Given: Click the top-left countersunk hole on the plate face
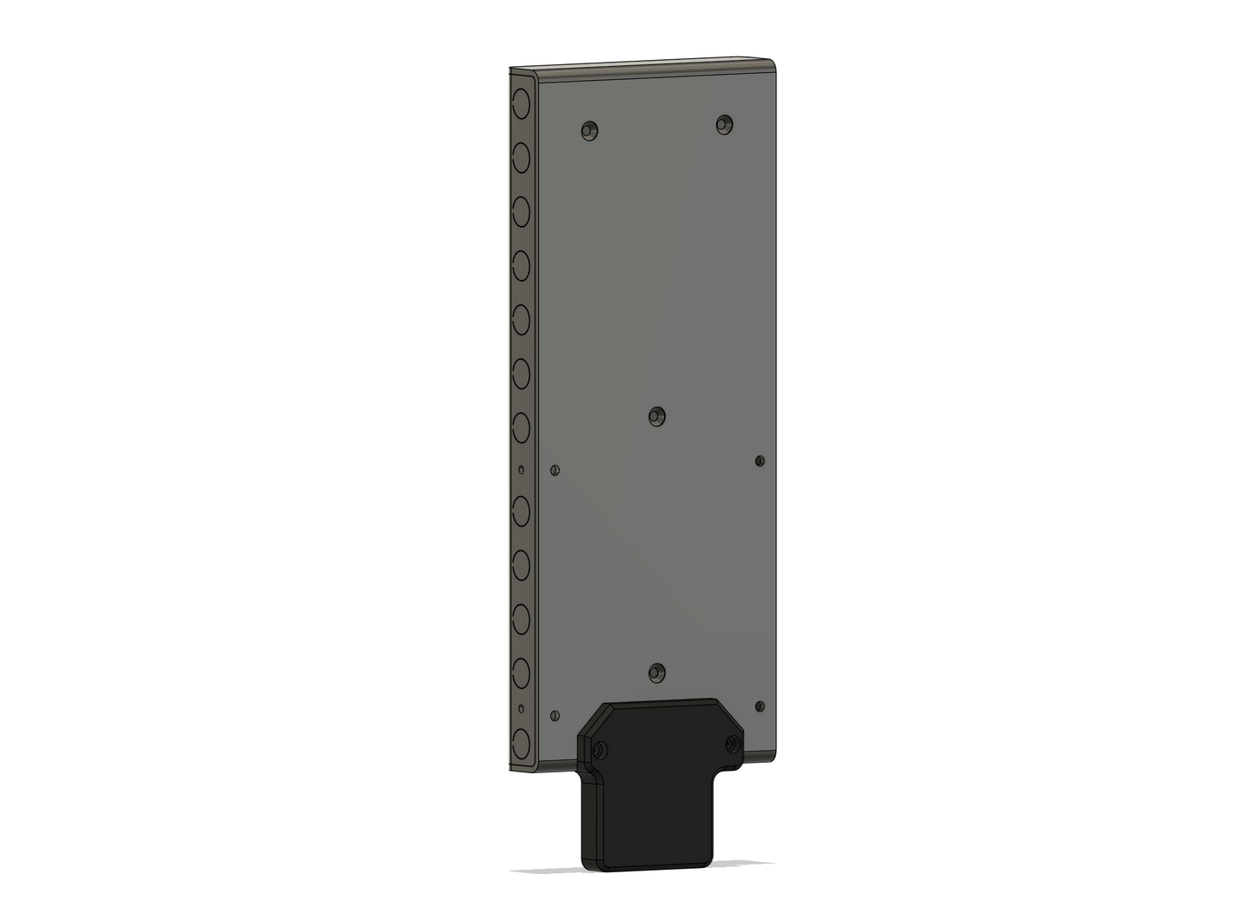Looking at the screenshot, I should pyautogui.click(x=589, y=131).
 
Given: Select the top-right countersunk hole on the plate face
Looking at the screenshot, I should pyautogui.click(x=724, y=124).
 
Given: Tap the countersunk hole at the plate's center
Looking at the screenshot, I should pyautogui.click(x=657, y=417).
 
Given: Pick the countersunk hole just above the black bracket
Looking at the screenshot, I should pyautogui.click(x=657, y=672).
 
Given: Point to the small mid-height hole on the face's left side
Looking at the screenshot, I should pyautogui.click(x=555, y=471).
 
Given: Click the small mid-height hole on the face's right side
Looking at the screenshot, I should pyautogui.click(x=760, y=460).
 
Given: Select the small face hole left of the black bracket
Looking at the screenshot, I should pyautogui.click(x=555, y=716).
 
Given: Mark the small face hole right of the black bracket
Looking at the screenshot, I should pyautogui.click(x=760, y=706).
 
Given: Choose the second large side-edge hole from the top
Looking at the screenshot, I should pyautogui.click(x=522, y=157).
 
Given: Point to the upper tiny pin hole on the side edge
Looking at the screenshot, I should pyautogui.click(x=522, y=470).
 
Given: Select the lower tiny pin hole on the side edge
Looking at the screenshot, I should pyautogui.click(x=522, y=709).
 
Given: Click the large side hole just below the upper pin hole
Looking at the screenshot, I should pyautogui.click(x=522, y=512).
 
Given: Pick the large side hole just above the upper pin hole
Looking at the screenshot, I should pyautogui.click(x=522, y=428).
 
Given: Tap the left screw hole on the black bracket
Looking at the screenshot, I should pyautogui.click(x=599, y=750).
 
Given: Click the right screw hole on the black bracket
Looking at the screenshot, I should pyautogui.click(x=733, y=744).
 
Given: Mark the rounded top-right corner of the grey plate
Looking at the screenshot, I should pyautogui.click(x=770, y=65).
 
